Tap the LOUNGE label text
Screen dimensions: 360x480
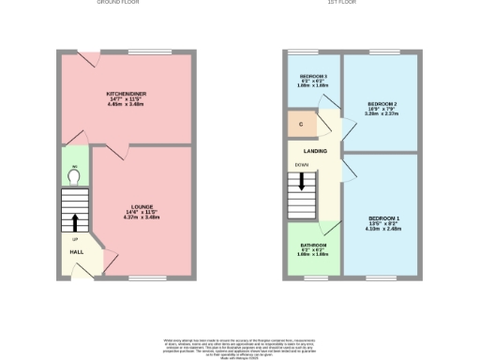(x=143, y=207)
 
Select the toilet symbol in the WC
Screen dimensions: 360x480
(x=74, y=173)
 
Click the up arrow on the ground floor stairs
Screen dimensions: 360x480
(x=74, y=222)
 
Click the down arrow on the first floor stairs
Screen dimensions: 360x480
(x=302, y=179)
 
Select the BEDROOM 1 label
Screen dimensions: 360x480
(x=383, y=217)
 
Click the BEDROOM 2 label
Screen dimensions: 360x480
(x=382, y=103)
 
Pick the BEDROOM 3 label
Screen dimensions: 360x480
(x=313, y=75)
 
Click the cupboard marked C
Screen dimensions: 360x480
(x=300, y=124)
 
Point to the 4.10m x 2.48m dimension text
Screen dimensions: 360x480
(x=383, y=229)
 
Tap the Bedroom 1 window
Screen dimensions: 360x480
(x=382, y=278)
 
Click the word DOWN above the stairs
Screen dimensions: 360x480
(x=300, y=164)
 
